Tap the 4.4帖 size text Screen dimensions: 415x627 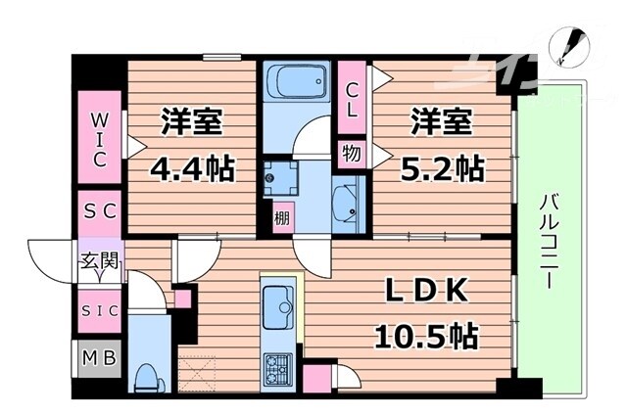coord(191,168)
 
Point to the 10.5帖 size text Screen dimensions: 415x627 coord(426,338)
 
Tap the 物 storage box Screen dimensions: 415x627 coord(350,152)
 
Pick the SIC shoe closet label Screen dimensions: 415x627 coord(100,310)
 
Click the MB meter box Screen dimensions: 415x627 coord(100,358)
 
